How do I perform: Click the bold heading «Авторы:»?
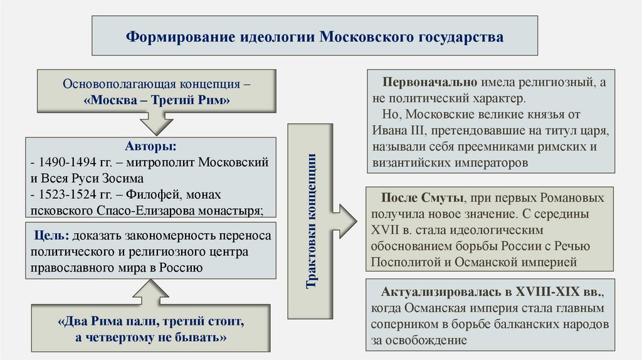[x=150, y=146]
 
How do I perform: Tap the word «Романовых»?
[x=574, y=198]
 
